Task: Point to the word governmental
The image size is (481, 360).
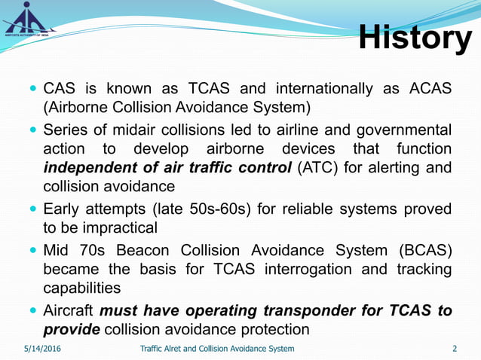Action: coord(400,130)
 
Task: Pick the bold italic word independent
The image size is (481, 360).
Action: coord(93,166)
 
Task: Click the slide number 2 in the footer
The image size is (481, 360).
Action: coord(455,348)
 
